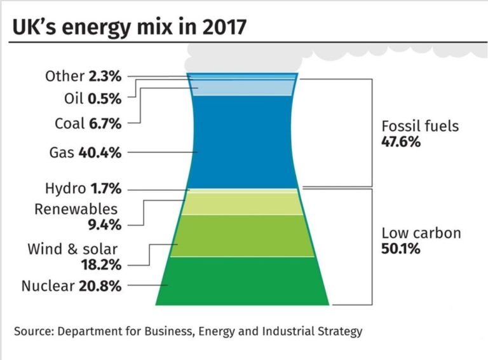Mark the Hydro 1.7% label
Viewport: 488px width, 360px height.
click(83, 189)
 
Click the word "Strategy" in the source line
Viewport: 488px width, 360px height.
click(340, 331)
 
